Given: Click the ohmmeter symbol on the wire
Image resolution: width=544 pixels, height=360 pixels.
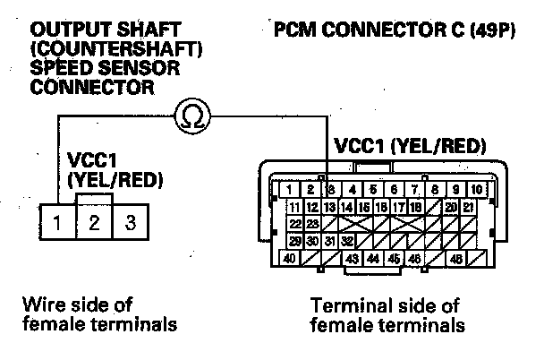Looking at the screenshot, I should click(x=191, y=115).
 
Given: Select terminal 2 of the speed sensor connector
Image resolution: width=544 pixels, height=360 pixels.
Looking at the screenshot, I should click(x=94, y=222).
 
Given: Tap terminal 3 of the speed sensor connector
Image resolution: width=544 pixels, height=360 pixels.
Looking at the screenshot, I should click(x=131, y=222).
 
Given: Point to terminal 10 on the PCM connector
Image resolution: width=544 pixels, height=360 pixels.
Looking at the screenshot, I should click(x=477, y=190).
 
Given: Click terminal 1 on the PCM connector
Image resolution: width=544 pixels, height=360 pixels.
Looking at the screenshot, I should click(x=292, y=190).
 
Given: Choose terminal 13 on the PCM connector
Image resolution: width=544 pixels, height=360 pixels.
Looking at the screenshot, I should click(x=330, y=207).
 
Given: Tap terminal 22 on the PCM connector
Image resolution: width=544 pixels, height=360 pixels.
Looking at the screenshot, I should click(x=294, y=224).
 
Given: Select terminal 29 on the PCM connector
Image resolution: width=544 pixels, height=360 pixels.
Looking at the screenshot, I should click(x=294, y=241).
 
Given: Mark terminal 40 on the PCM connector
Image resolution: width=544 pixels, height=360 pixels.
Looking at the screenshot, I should click(x=290, y=259).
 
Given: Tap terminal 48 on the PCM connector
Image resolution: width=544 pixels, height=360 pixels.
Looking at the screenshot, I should click(x=457, y=259).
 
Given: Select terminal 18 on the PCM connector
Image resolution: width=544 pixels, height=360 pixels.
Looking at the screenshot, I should click(x=415, y=207).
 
